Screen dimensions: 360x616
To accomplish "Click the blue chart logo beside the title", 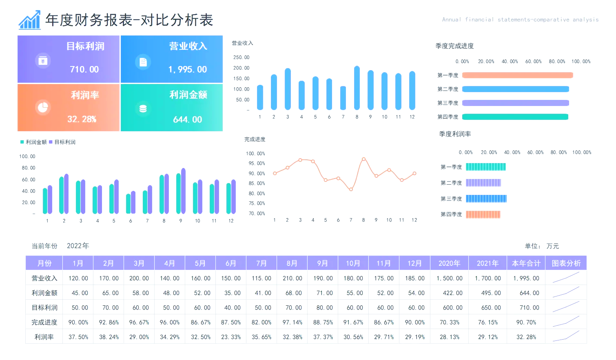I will (29, 20).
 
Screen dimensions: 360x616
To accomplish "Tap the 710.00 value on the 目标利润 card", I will (84, 69).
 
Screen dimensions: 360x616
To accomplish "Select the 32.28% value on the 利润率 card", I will (82, 119).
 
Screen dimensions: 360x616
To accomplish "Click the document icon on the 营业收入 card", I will (143, 62).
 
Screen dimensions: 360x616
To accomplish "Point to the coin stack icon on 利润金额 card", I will (143, 109).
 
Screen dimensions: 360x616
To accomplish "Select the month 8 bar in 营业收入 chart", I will (357, 88).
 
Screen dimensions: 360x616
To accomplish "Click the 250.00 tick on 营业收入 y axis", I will (241, 57).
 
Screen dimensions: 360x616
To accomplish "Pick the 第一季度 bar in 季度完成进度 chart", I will (517, 75).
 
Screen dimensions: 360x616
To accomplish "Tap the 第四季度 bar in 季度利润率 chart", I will (483, 214).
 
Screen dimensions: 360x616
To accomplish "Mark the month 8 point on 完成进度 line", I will (363, 159).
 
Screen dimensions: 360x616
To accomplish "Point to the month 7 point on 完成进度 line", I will (351, 189).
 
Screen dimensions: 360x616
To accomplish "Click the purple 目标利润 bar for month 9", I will (183, 191).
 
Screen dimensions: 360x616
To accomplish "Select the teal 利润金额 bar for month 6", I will (129, 203).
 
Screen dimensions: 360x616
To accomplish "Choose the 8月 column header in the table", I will (292, 263).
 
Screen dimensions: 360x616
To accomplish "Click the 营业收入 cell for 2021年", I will (487, 278).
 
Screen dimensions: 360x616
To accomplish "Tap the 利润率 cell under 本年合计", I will (526, 337).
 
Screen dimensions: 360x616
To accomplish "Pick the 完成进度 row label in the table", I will (44, 322).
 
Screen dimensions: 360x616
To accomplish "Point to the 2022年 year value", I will (78, 246).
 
